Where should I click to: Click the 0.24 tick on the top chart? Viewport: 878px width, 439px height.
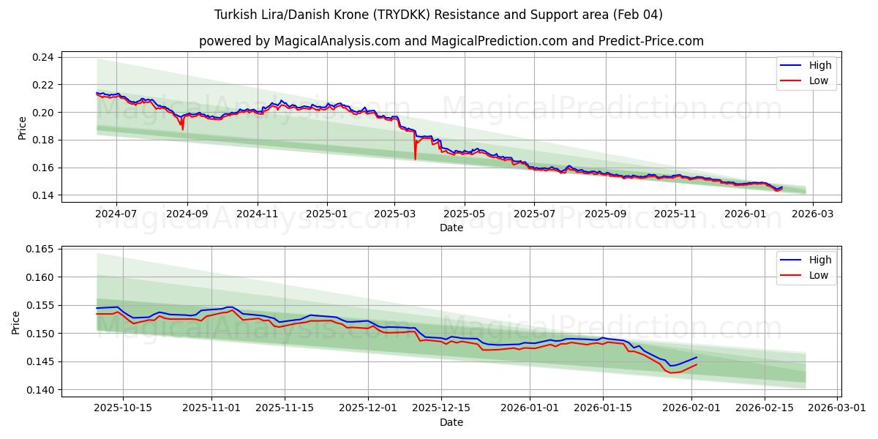point(45,57)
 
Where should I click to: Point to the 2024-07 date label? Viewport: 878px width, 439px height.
point(116,214)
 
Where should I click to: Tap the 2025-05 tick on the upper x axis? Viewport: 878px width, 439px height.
point(465,214)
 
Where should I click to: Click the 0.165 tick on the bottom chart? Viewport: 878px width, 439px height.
point(40,249)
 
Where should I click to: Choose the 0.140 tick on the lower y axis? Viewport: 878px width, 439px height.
point(40,390)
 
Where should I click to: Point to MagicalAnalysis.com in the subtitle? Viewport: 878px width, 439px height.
point(337,41)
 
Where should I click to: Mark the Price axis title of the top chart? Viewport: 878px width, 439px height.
point(23,127)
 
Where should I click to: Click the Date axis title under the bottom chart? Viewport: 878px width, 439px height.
point(451,422)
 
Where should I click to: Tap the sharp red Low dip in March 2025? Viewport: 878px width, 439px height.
point(415,159)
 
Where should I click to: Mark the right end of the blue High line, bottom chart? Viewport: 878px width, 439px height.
point(696,357)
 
